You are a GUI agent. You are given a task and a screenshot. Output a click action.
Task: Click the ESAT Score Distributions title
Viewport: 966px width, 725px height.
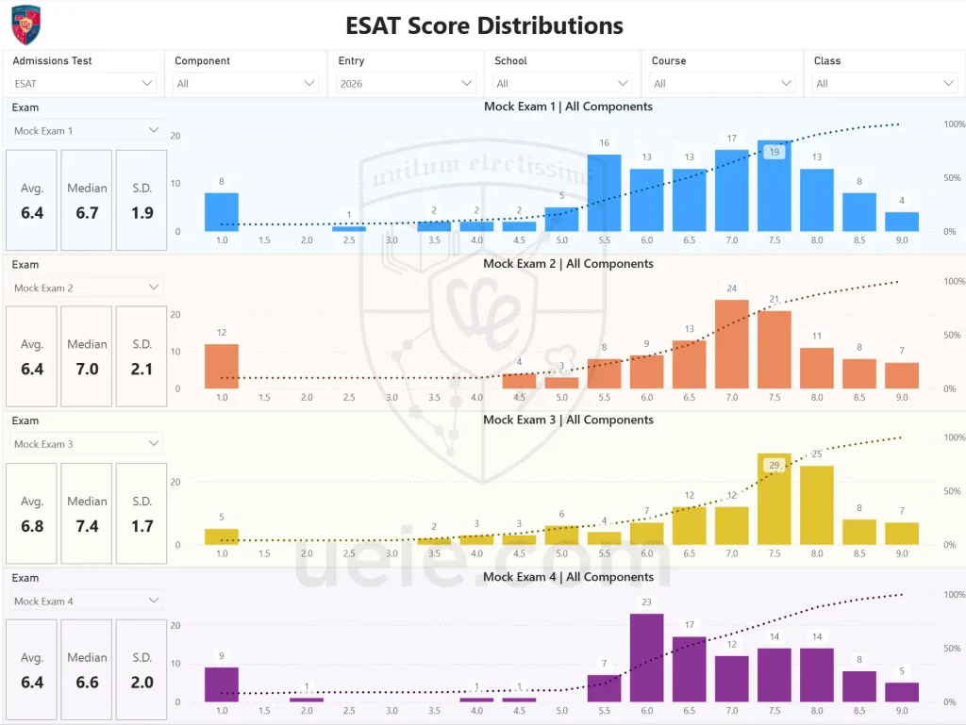[x=484, y=25]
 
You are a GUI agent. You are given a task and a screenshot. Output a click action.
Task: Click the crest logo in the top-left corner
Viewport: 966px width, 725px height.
[x=25, y=25]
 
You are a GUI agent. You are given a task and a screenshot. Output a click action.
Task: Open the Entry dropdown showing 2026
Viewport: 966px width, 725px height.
[x=406, y=83]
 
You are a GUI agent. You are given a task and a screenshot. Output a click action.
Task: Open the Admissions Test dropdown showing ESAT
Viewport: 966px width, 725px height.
[x=83, y=83]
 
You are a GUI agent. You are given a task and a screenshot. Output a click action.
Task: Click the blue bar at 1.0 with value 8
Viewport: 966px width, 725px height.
[x=222, y=212]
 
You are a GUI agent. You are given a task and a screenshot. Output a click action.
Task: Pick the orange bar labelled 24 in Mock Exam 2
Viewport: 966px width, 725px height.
[x=731, y=345]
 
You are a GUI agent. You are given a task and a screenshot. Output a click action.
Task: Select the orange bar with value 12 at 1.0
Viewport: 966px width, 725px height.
[x=222, y=367]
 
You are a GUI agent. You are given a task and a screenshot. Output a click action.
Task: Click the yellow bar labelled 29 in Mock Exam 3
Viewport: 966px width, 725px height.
[x=774, y=500]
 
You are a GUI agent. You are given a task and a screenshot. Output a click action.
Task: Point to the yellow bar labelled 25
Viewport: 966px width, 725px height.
[x=816, y=505]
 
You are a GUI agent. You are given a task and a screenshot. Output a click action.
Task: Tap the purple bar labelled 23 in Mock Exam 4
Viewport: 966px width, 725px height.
[x=646, y=658]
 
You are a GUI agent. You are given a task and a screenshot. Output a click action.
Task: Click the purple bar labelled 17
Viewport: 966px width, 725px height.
[x=689, y=669]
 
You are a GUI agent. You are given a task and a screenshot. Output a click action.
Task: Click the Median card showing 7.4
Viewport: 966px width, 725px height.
[x=87, y=513]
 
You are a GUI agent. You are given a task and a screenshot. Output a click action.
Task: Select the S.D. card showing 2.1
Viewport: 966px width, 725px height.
[x=142, y=356]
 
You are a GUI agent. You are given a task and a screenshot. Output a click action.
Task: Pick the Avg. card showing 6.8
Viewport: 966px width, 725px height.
[x=32, y=513]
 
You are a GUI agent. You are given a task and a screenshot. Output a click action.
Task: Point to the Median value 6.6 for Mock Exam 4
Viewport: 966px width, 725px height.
[x=87, y=683]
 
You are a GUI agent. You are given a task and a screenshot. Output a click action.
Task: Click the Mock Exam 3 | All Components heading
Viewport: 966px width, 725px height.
[x=568, y=420]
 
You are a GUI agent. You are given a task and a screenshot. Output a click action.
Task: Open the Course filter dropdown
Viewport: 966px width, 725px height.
[x=721, y=83]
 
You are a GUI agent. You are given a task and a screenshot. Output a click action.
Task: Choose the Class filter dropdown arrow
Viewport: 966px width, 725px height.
[x=949, y=83]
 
